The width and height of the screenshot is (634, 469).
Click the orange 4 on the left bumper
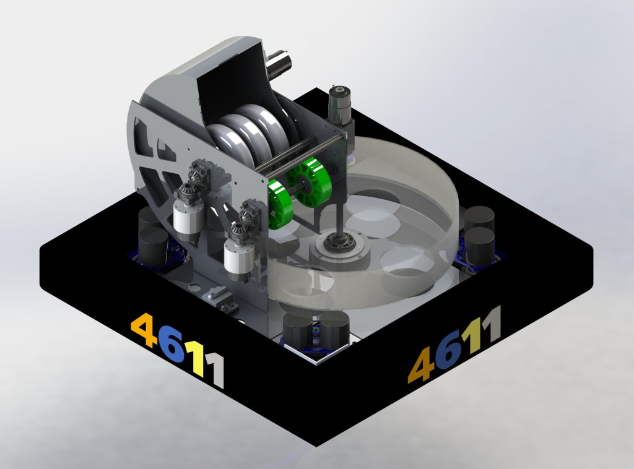click(145, 330)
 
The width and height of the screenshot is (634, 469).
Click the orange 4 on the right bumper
click(421, 365)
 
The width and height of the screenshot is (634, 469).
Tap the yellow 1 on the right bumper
click(472, 335)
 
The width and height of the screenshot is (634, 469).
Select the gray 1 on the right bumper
click(491, 323)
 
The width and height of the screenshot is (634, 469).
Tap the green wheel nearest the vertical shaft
click(309, 183)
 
